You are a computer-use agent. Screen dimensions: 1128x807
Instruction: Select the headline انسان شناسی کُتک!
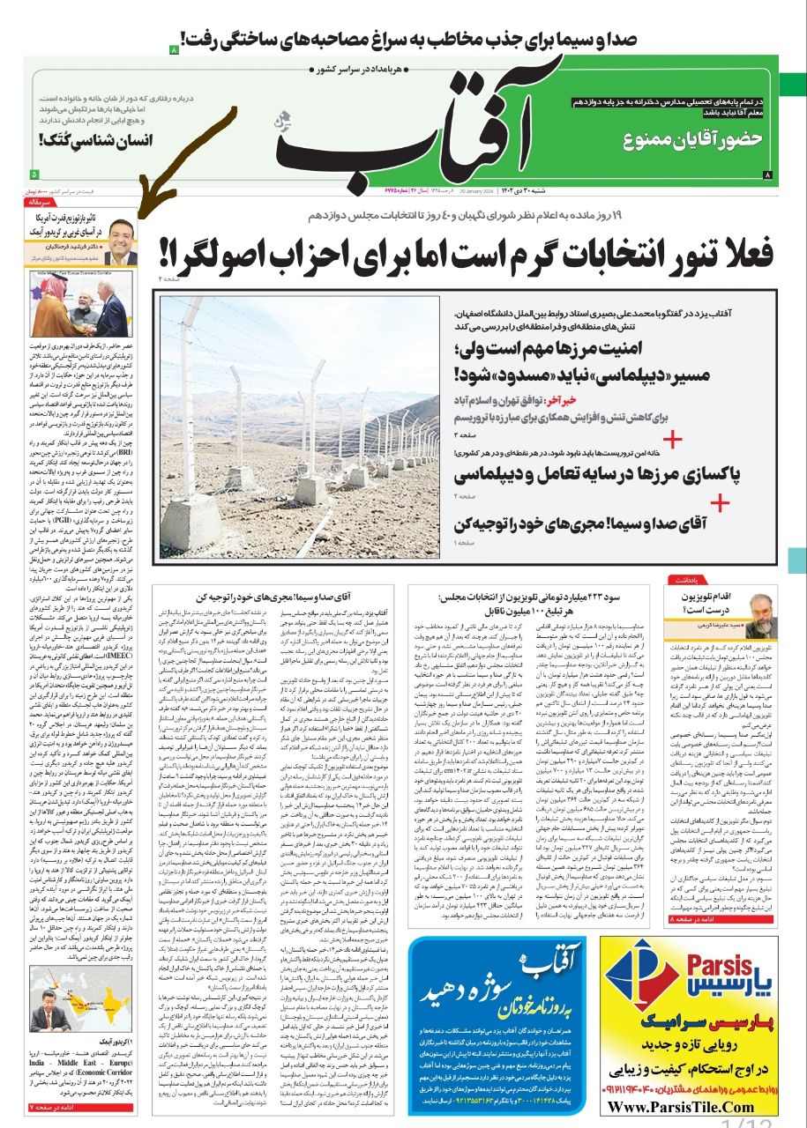tap(96, 139)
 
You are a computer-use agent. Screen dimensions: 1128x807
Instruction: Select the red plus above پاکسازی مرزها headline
tap(673, 439)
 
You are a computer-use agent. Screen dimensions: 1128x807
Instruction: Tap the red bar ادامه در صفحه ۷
tap(84, 1104)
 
